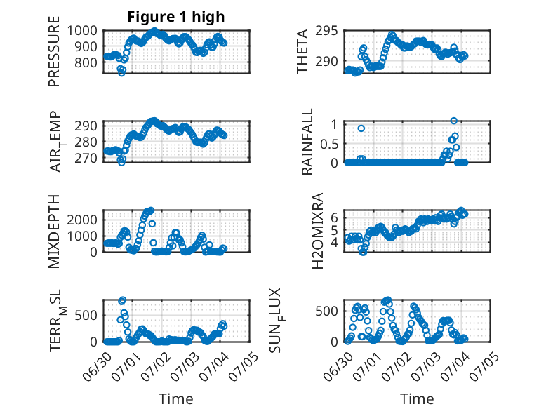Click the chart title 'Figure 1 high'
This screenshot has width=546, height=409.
tap(176, 17)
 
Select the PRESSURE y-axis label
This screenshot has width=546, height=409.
tap(54, 51)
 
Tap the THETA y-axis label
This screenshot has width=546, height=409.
tap(302, 51)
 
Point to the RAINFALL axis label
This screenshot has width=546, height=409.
tap(307, 142)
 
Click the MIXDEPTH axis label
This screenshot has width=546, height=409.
tap(54, 232)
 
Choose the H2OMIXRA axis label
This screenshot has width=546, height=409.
tap(318, 231)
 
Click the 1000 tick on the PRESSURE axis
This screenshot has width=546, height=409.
tap(82, 31)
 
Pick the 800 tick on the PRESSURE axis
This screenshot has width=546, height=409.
tap(86, 62)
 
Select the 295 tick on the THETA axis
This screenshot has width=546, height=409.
tap(326, 31)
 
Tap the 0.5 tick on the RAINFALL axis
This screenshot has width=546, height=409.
tap(329, 143)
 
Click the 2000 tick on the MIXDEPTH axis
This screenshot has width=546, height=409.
tap(82, 220)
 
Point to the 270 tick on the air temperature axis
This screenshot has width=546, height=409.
tap(86, 158)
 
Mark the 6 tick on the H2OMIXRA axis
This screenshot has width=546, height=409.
tap(334, 217)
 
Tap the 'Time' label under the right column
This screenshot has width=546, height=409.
tap(417, 398)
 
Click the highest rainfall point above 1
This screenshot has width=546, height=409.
tap(453, 121)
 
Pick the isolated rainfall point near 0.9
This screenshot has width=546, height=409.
tap(361, 128)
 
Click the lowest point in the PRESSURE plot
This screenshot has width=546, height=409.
tap(121, 73)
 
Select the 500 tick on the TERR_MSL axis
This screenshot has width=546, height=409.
tap(86, 316)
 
